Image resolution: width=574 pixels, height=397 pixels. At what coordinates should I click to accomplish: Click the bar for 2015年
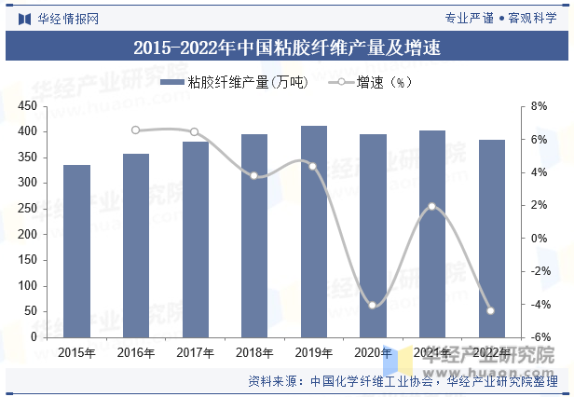[x=76, y=251]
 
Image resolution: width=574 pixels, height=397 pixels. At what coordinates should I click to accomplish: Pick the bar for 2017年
[x=195, y=240]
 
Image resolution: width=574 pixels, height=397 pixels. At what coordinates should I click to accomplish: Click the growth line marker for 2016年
[x=136, y=130]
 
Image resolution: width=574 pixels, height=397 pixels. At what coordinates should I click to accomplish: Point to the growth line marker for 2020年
[x=373, y=306]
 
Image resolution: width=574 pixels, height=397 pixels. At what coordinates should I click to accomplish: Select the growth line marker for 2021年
[x=431, y=207]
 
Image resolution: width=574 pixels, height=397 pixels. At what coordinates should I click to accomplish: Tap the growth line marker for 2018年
[x=254, y=175]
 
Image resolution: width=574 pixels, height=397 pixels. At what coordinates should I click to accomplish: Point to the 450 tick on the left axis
[x=37, y=107]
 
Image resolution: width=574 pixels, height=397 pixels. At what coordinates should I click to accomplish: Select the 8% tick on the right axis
[x=538, y=107]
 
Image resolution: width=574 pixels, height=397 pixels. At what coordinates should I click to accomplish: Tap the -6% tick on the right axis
[x=538, y=337]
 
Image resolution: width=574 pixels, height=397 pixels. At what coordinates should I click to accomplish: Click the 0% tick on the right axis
[x=538, y=239]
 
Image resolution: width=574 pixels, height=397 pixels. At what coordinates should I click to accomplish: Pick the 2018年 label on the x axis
[x=254, y=352]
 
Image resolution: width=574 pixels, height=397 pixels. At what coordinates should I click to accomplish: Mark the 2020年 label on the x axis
[x=373, y=352]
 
